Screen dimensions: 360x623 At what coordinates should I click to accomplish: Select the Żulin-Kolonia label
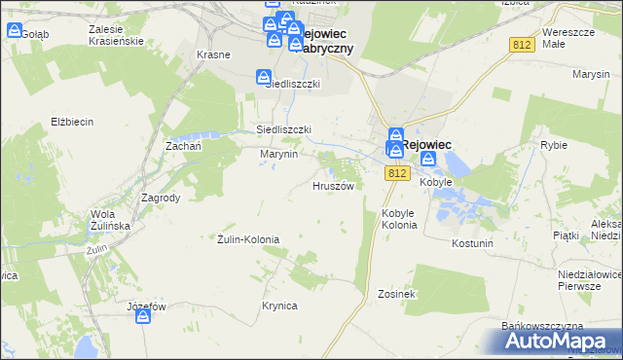click(248, 238)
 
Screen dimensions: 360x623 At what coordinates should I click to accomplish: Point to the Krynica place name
click(278, 306)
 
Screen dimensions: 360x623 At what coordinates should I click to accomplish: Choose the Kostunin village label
click(473, 242)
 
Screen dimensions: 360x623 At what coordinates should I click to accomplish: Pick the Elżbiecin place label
click(71, 122)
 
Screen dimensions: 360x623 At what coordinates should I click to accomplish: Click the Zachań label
click(183, 145)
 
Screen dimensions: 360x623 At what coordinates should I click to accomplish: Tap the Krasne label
click(213, 54)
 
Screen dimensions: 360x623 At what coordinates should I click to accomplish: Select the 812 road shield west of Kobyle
click(395, 173)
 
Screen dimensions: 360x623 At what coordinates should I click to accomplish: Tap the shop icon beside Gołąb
click(14, 29)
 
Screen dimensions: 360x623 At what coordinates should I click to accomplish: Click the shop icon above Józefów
click(143, 318)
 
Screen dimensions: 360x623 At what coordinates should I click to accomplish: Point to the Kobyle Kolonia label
click(399, 219)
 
